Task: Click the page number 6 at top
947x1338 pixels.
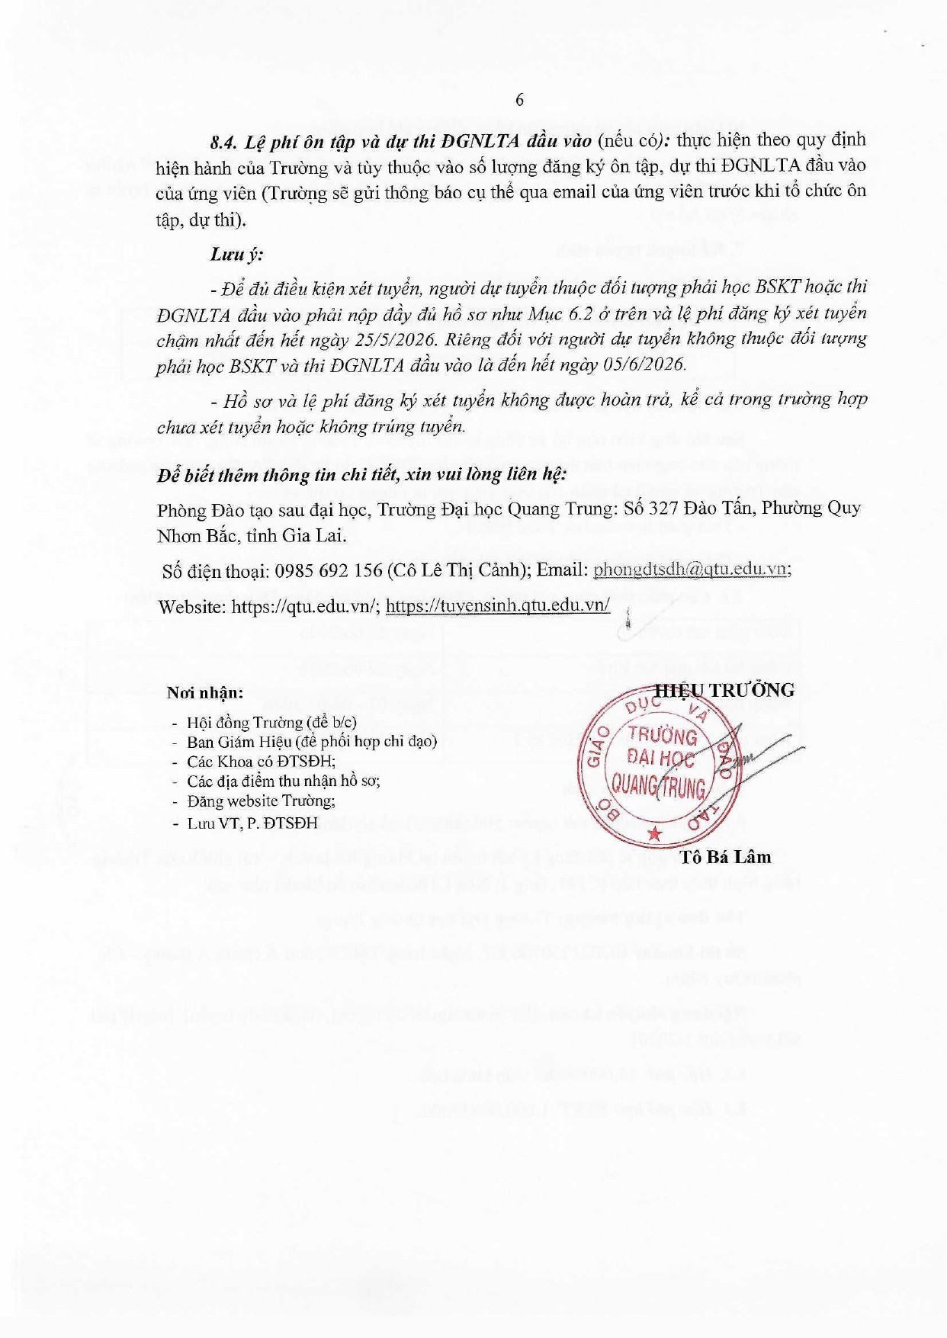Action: point(519,100)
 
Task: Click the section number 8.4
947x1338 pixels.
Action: point(225,142)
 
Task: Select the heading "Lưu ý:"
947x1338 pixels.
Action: point(236,254)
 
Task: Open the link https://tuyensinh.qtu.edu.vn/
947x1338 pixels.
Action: point(498,605)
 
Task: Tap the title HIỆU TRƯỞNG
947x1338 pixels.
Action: point(725,690)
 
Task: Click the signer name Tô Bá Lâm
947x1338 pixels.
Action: point(725,857)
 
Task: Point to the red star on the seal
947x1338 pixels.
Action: point(654,834)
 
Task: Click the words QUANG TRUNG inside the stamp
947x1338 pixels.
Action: point(659,785)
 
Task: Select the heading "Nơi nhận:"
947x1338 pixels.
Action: point(205,693)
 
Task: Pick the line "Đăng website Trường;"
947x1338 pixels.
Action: point(261,801)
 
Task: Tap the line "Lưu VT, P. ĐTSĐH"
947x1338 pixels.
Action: point(252,823)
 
